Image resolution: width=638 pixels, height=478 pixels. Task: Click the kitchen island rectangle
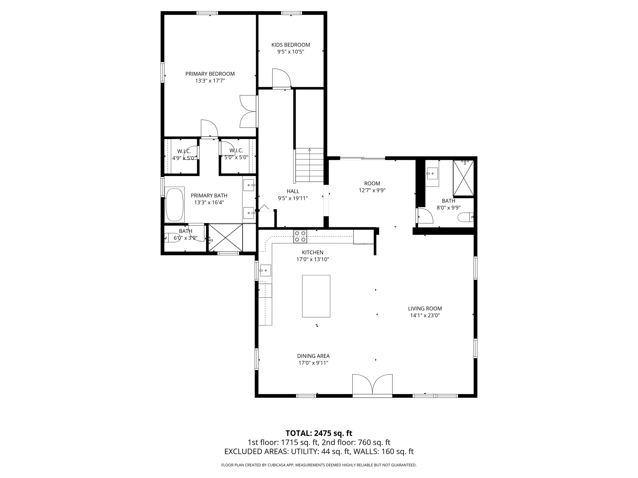[316, 296]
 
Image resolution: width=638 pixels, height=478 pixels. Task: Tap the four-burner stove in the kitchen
[300, 236]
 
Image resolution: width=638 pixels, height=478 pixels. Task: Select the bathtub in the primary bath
[174, 204]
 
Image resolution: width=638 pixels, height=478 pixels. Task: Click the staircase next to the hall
[310, 165]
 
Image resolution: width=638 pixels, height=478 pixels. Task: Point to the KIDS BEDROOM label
[291, 45]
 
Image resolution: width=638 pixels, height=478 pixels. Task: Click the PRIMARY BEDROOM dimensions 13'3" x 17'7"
[210, 81]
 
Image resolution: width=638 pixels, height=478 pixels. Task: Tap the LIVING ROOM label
[425, 308]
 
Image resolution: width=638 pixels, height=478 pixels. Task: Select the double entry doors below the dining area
[372, 385]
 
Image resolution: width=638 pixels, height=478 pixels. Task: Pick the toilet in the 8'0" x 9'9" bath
[465, 217]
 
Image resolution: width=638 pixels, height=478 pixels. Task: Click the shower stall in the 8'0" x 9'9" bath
[463, 178]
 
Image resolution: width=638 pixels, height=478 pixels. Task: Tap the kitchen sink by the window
[265, 270]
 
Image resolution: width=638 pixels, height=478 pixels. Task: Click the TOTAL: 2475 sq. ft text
[319, 433]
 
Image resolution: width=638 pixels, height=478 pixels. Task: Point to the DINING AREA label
[313, 356]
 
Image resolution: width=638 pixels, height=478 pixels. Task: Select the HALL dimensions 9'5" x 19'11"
[293, 198]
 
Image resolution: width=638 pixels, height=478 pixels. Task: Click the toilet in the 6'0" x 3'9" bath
[170, 237]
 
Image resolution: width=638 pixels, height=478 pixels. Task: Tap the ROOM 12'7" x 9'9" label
[372, 187]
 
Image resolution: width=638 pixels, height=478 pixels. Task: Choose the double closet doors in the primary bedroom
[248, 111]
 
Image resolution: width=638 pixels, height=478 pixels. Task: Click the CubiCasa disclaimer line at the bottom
[319, 465]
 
